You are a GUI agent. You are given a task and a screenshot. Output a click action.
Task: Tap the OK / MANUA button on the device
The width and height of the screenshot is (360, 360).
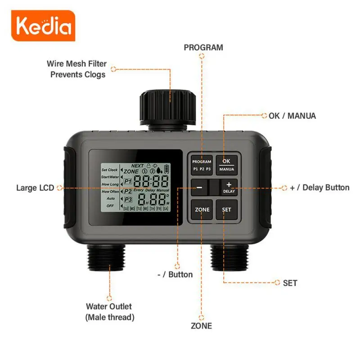226,165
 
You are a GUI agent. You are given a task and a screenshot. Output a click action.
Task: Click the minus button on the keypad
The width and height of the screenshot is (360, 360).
199,187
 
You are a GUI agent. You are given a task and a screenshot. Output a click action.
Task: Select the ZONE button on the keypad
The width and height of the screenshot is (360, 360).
202,210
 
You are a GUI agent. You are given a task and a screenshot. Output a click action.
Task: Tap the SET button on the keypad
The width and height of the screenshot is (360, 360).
226,210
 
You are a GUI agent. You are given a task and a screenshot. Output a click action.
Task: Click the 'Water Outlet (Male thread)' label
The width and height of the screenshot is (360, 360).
109,311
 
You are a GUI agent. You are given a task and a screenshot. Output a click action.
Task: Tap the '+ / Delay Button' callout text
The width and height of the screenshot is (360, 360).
319,187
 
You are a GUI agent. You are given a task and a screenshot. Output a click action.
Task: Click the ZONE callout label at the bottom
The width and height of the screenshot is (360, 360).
201,325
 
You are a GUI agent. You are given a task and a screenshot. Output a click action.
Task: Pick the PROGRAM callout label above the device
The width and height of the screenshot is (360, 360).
203,47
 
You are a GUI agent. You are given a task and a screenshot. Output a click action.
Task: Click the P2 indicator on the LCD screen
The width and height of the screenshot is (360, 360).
128,191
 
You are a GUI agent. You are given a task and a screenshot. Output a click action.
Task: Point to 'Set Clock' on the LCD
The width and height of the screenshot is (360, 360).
109,170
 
